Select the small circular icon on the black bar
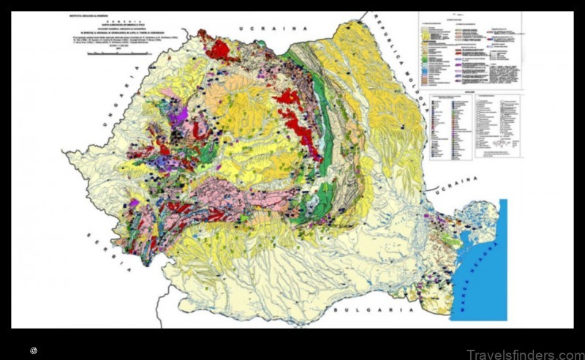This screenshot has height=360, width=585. pyautogui.click(x=34, y=351)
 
